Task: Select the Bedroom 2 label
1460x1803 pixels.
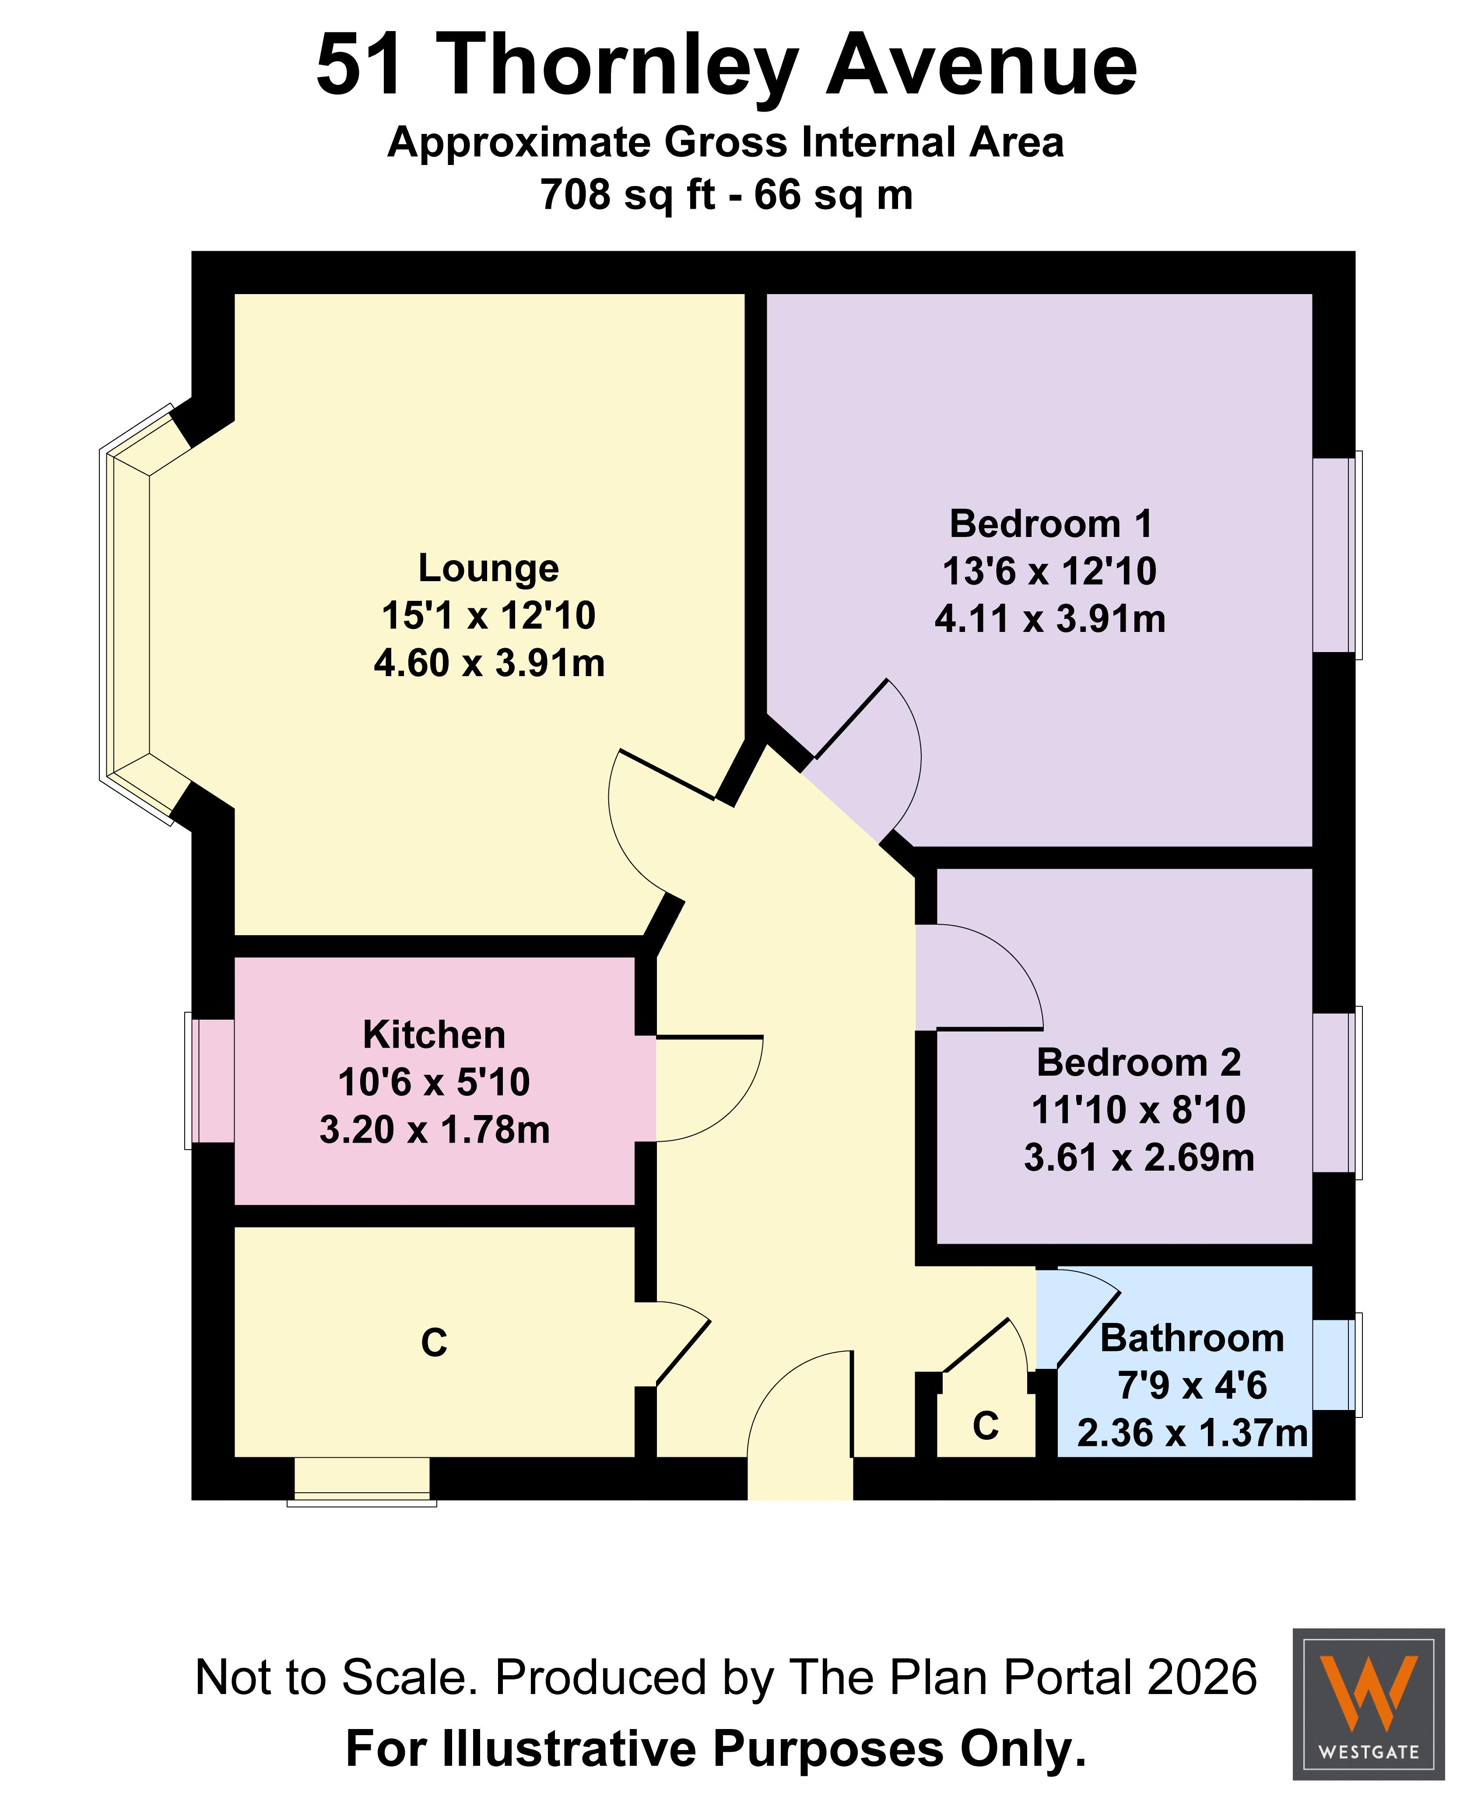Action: click(x=1139, y=1062)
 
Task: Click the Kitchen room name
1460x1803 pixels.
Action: click(x=434, y=1035)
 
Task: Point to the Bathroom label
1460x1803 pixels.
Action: click(x=1192, y=1338)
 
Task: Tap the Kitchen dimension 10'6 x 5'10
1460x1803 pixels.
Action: click(x=434, y=1082)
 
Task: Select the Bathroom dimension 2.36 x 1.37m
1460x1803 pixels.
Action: click(x=1193, y=1433)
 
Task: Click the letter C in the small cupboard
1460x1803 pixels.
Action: click(x=986, y=1426)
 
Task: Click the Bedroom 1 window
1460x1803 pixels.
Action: click(x=1337, y=555)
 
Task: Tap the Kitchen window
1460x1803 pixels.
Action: click(x=209, y=1080)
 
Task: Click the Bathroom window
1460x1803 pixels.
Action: click(x=1337, y=1363)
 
